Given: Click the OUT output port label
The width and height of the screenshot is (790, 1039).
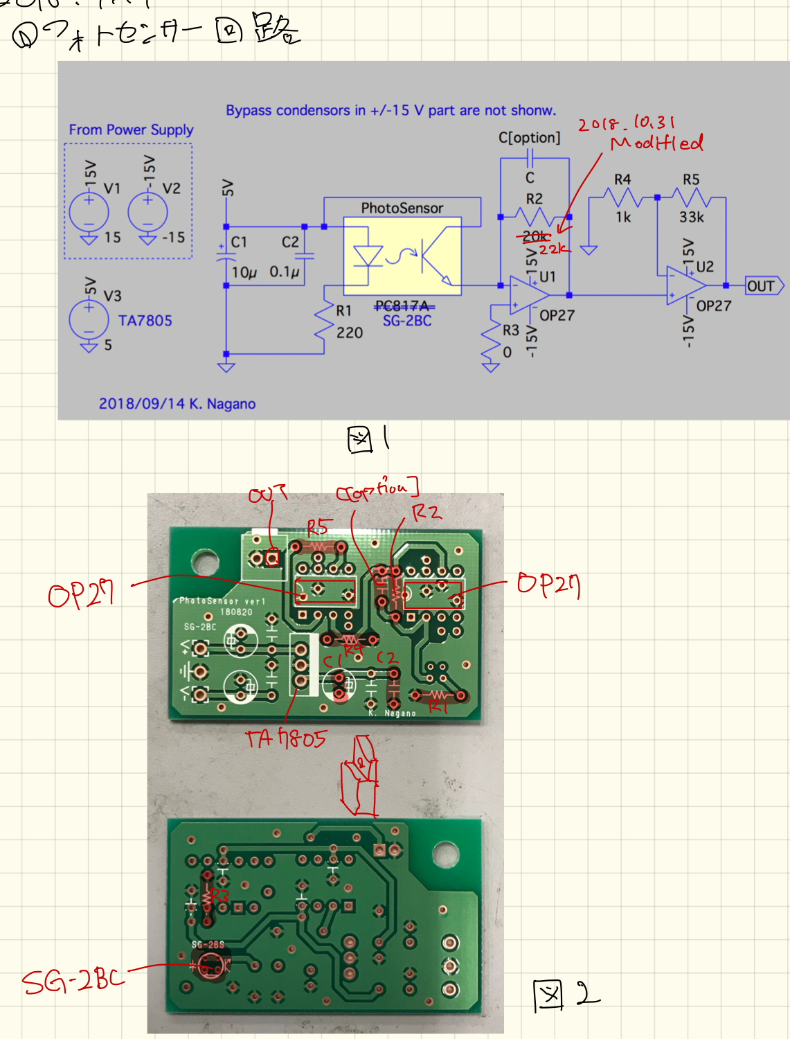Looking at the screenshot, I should (762, 286).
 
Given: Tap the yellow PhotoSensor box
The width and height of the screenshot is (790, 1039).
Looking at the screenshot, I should (402, 256).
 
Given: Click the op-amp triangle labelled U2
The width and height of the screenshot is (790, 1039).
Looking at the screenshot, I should (685, 285).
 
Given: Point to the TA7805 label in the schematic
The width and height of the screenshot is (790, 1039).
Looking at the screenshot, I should (145, 321).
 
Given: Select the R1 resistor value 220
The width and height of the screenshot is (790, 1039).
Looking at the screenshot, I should (350, 333).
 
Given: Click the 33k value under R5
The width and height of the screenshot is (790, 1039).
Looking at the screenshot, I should (692, 217).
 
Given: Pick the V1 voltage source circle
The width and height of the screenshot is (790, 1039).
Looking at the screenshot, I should (89, 211).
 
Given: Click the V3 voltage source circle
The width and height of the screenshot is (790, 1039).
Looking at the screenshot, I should (89, 319).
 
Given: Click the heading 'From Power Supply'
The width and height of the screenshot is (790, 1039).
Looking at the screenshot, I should (131, 130).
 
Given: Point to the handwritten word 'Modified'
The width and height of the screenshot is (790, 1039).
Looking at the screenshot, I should (656, 143).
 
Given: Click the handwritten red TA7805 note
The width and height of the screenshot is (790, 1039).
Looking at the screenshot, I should (286, 738).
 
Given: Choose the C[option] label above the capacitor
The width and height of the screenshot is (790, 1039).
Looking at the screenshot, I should (529, 138).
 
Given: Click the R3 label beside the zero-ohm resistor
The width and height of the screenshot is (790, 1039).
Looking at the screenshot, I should (510, 330).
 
